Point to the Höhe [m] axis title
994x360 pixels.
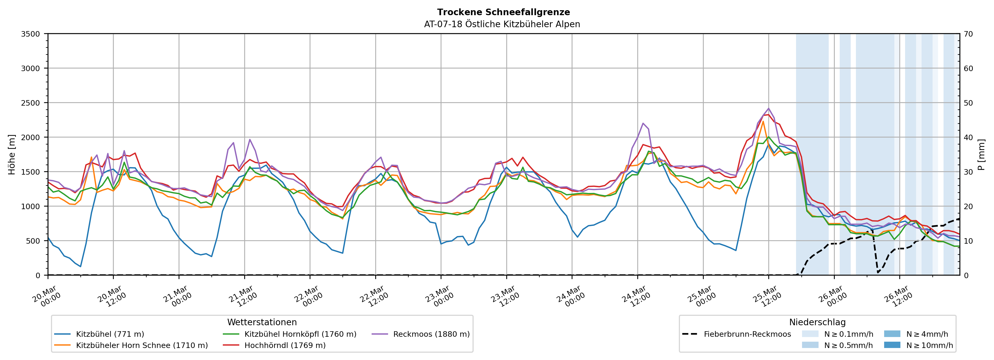click(x=12, y=154)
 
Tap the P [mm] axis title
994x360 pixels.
click(x=981, y=154)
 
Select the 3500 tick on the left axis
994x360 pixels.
click(x=30, y=34)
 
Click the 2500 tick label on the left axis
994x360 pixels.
click(x=30, y=103)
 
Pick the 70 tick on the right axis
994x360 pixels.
click(x=968, y=34)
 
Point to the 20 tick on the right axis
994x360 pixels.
click(x=968, y=207)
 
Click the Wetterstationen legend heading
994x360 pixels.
click(x=262, y=322)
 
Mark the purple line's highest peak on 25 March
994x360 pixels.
click(x=768, y=108)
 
